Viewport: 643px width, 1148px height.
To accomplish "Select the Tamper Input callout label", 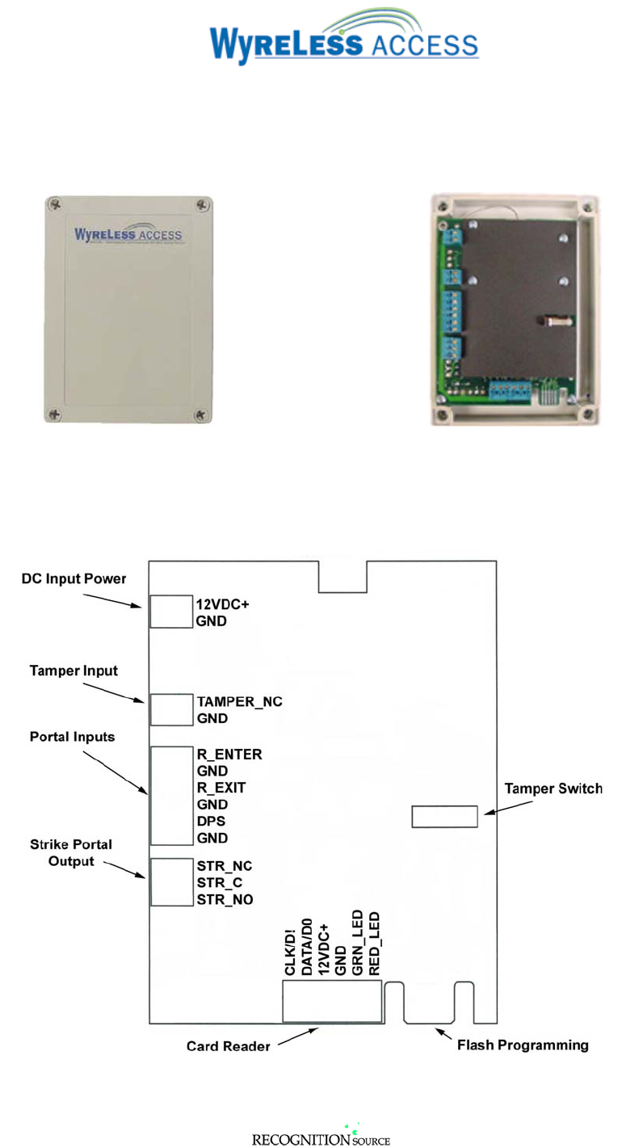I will click(74, 671).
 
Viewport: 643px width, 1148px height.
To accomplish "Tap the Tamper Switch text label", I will click(553, 788).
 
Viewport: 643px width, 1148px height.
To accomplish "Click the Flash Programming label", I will click(523, 1045).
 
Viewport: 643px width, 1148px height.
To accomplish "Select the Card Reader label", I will click(229, 1047).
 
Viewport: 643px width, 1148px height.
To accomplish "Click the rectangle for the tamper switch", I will click(444, 816).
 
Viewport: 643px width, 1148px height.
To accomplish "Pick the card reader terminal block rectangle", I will click(331, 1002).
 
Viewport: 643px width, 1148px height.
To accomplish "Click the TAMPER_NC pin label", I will click(240, 701).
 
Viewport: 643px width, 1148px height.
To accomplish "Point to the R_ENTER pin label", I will click(229, 755).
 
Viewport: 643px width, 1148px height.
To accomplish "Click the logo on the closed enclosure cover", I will click(128, 235).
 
